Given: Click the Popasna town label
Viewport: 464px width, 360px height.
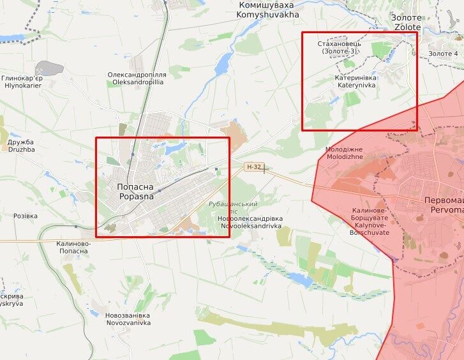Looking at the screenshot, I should [x=135, y=191].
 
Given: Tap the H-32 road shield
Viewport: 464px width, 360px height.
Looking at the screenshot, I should [x=253, y=167].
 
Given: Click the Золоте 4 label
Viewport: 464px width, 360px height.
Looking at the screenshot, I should [x=443, y=54].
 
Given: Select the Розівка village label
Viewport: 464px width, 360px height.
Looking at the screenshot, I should [x=26, y=216].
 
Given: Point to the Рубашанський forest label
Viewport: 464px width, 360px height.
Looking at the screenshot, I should [x=233, y=207].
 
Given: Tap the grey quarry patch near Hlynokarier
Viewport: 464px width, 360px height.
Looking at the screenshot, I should [x=48, y=68].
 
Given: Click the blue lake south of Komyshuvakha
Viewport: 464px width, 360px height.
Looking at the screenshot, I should [x=223, y=63].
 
